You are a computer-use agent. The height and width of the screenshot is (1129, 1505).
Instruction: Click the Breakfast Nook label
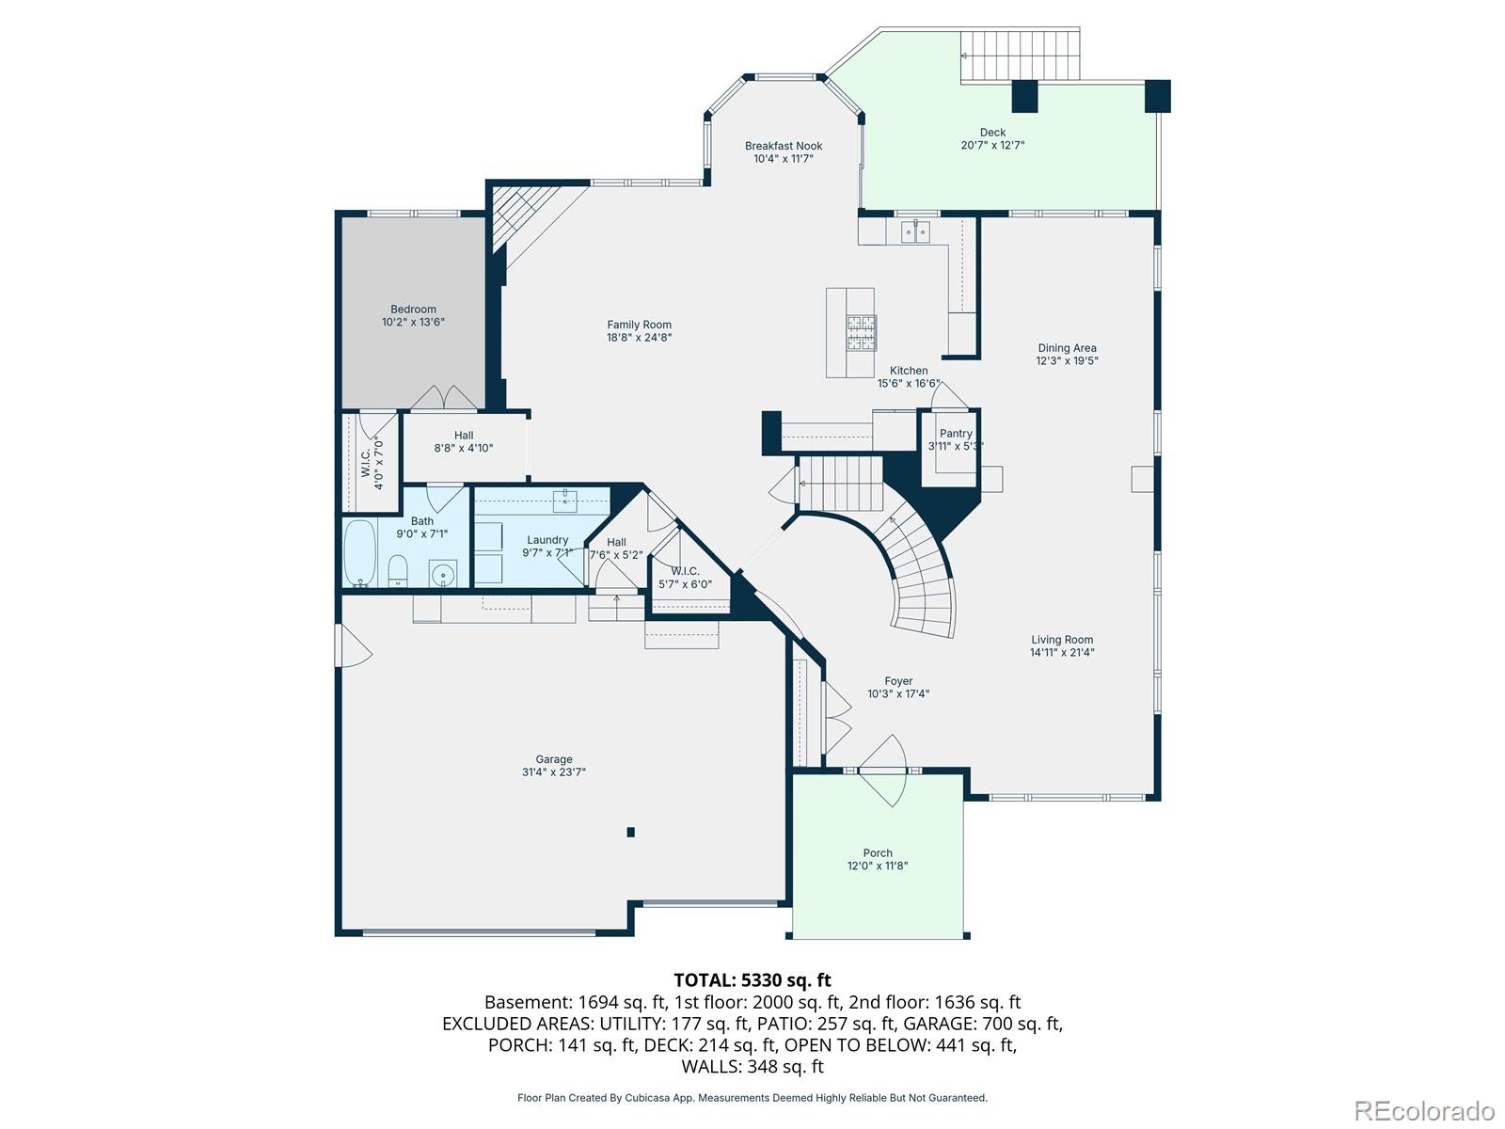pos(783,146)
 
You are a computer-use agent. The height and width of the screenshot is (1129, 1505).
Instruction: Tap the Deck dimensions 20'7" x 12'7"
pos(992,145)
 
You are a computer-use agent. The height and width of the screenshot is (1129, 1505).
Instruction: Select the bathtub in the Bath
pos(359,553)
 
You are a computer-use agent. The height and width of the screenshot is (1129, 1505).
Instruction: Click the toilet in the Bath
pos(398,571)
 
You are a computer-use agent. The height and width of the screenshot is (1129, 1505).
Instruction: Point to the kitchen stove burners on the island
pos(862,332)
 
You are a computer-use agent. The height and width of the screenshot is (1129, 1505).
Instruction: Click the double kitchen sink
pos(914,231)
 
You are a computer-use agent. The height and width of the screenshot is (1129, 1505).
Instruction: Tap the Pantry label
pos(955,433)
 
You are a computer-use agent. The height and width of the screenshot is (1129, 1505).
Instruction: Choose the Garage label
pos(553,759)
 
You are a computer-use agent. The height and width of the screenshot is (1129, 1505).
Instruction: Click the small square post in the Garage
pos(630,833)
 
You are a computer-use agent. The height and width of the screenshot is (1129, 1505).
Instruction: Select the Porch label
pos(877,852)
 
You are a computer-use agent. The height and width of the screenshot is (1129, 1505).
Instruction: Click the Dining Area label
pos(1066,348)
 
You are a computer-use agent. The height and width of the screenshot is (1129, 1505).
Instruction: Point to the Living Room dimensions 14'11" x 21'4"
pos(1061,653)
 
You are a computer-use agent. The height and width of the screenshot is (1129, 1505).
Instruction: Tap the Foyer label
pos(898,681)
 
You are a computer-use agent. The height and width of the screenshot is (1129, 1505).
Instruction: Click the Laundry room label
pos(547,540)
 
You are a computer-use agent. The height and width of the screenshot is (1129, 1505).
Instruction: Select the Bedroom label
pos(413,310)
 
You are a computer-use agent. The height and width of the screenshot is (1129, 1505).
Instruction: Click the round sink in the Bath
pos(443,574)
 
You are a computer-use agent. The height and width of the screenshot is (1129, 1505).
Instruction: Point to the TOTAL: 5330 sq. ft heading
pos(752,980)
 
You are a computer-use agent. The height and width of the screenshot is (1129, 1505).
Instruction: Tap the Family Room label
pos(639,325)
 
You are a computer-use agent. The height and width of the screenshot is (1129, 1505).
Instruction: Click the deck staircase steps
pos(1020,56)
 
